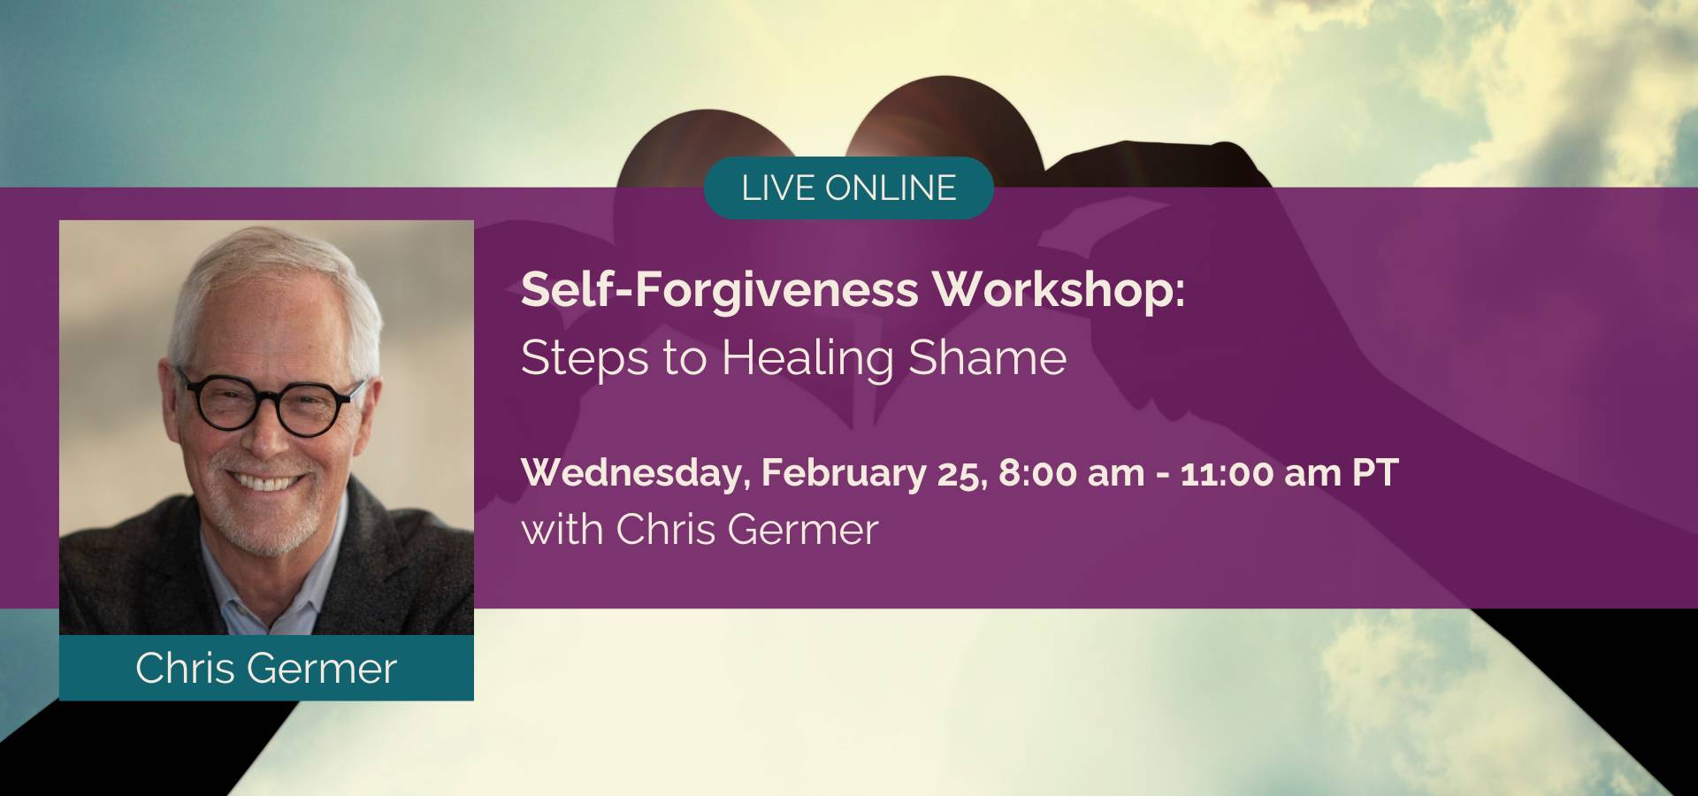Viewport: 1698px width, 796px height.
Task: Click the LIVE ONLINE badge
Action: point(848,188)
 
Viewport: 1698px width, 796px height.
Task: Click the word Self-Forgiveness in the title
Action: point(720,290)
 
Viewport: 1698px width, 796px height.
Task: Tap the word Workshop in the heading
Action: point(1059,290)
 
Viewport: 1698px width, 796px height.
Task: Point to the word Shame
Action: point(988,357)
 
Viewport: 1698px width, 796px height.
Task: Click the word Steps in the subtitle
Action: point(585,359)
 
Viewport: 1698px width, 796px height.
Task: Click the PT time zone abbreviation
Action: point(1375,473)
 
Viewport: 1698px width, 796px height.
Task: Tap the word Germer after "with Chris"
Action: point(804,530)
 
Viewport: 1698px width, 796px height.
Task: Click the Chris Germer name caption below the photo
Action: point(266,668)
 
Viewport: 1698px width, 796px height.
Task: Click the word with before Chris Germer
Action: point(562,530)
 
